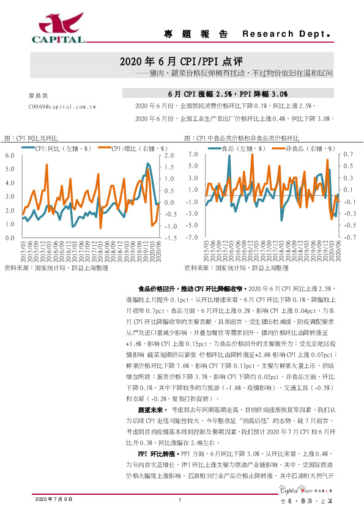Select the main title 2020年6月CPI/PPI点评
(x=181, y=62)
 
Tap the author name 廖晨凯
(x=38, y=97)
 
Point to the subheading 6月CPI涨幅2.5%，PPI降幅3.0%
(x=228, y=94)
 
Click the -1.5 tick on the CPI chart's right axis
(x=171, y=237)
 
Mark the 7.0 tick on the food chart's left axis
(x=193, y=155)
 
